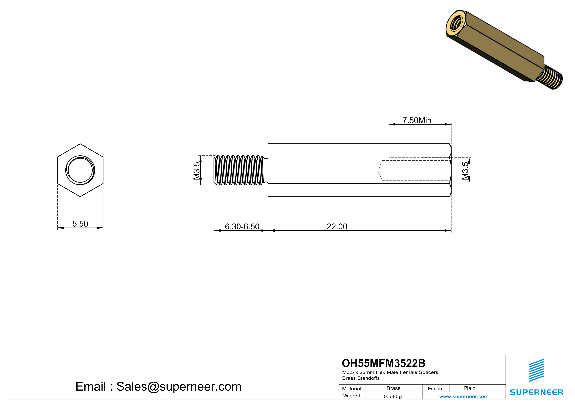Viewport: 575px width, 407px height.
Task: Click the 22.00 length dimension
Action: click(337, 226)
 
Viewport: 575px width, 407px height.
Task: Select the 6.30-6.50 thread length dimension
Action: click(242, 226)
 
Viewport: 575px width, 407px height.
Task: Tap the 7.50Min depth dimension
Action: click(417, 121)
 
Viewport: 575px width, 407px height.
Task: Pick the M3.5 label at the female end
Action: click(465, 171)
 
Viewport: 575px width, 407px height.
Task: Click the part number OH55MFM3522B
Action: click(383, 363)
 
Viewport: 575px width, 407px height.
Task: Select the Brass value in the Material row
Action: click(393, 388)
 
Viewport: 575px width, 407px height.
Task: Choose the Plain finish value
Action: click(469, 388)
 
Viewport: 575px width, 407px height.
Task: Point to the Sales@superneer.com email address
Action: click(179, 386)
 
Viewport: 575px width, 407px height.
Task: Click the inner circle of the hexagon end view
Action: click(80, 170)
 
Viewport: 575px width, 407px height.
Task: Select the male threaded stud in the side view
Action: click(239, 170)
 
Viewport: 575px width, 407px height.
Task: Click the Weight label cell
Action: click(352, 396)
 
